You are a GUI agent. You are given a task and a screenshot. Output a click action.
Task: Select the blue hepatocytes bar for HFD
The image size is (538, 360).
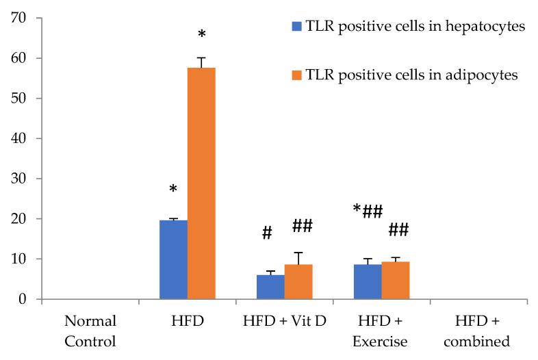point(173,259)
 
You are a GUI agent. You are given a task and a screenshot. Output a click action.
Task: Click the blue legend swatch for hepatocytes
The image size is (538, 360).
point(296,27)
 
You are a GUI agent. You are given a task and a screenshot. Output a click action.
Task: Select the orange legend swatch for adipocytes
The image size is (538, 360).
point(296,75)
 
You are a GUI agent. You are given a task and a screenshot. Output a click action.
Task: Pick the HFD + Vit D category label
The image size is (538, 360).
point(284,320)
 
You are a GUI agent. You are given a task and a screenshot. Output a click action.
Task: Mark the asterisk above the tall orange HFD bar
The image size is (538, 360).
point(201,36)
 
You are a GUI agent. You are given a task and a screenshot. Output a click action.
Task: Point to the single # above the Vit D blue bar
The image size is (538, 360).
point(267,233)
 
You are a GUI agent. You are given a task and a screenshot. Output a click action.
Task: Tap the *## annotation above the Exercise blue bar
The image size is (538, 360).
point(368,211)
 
